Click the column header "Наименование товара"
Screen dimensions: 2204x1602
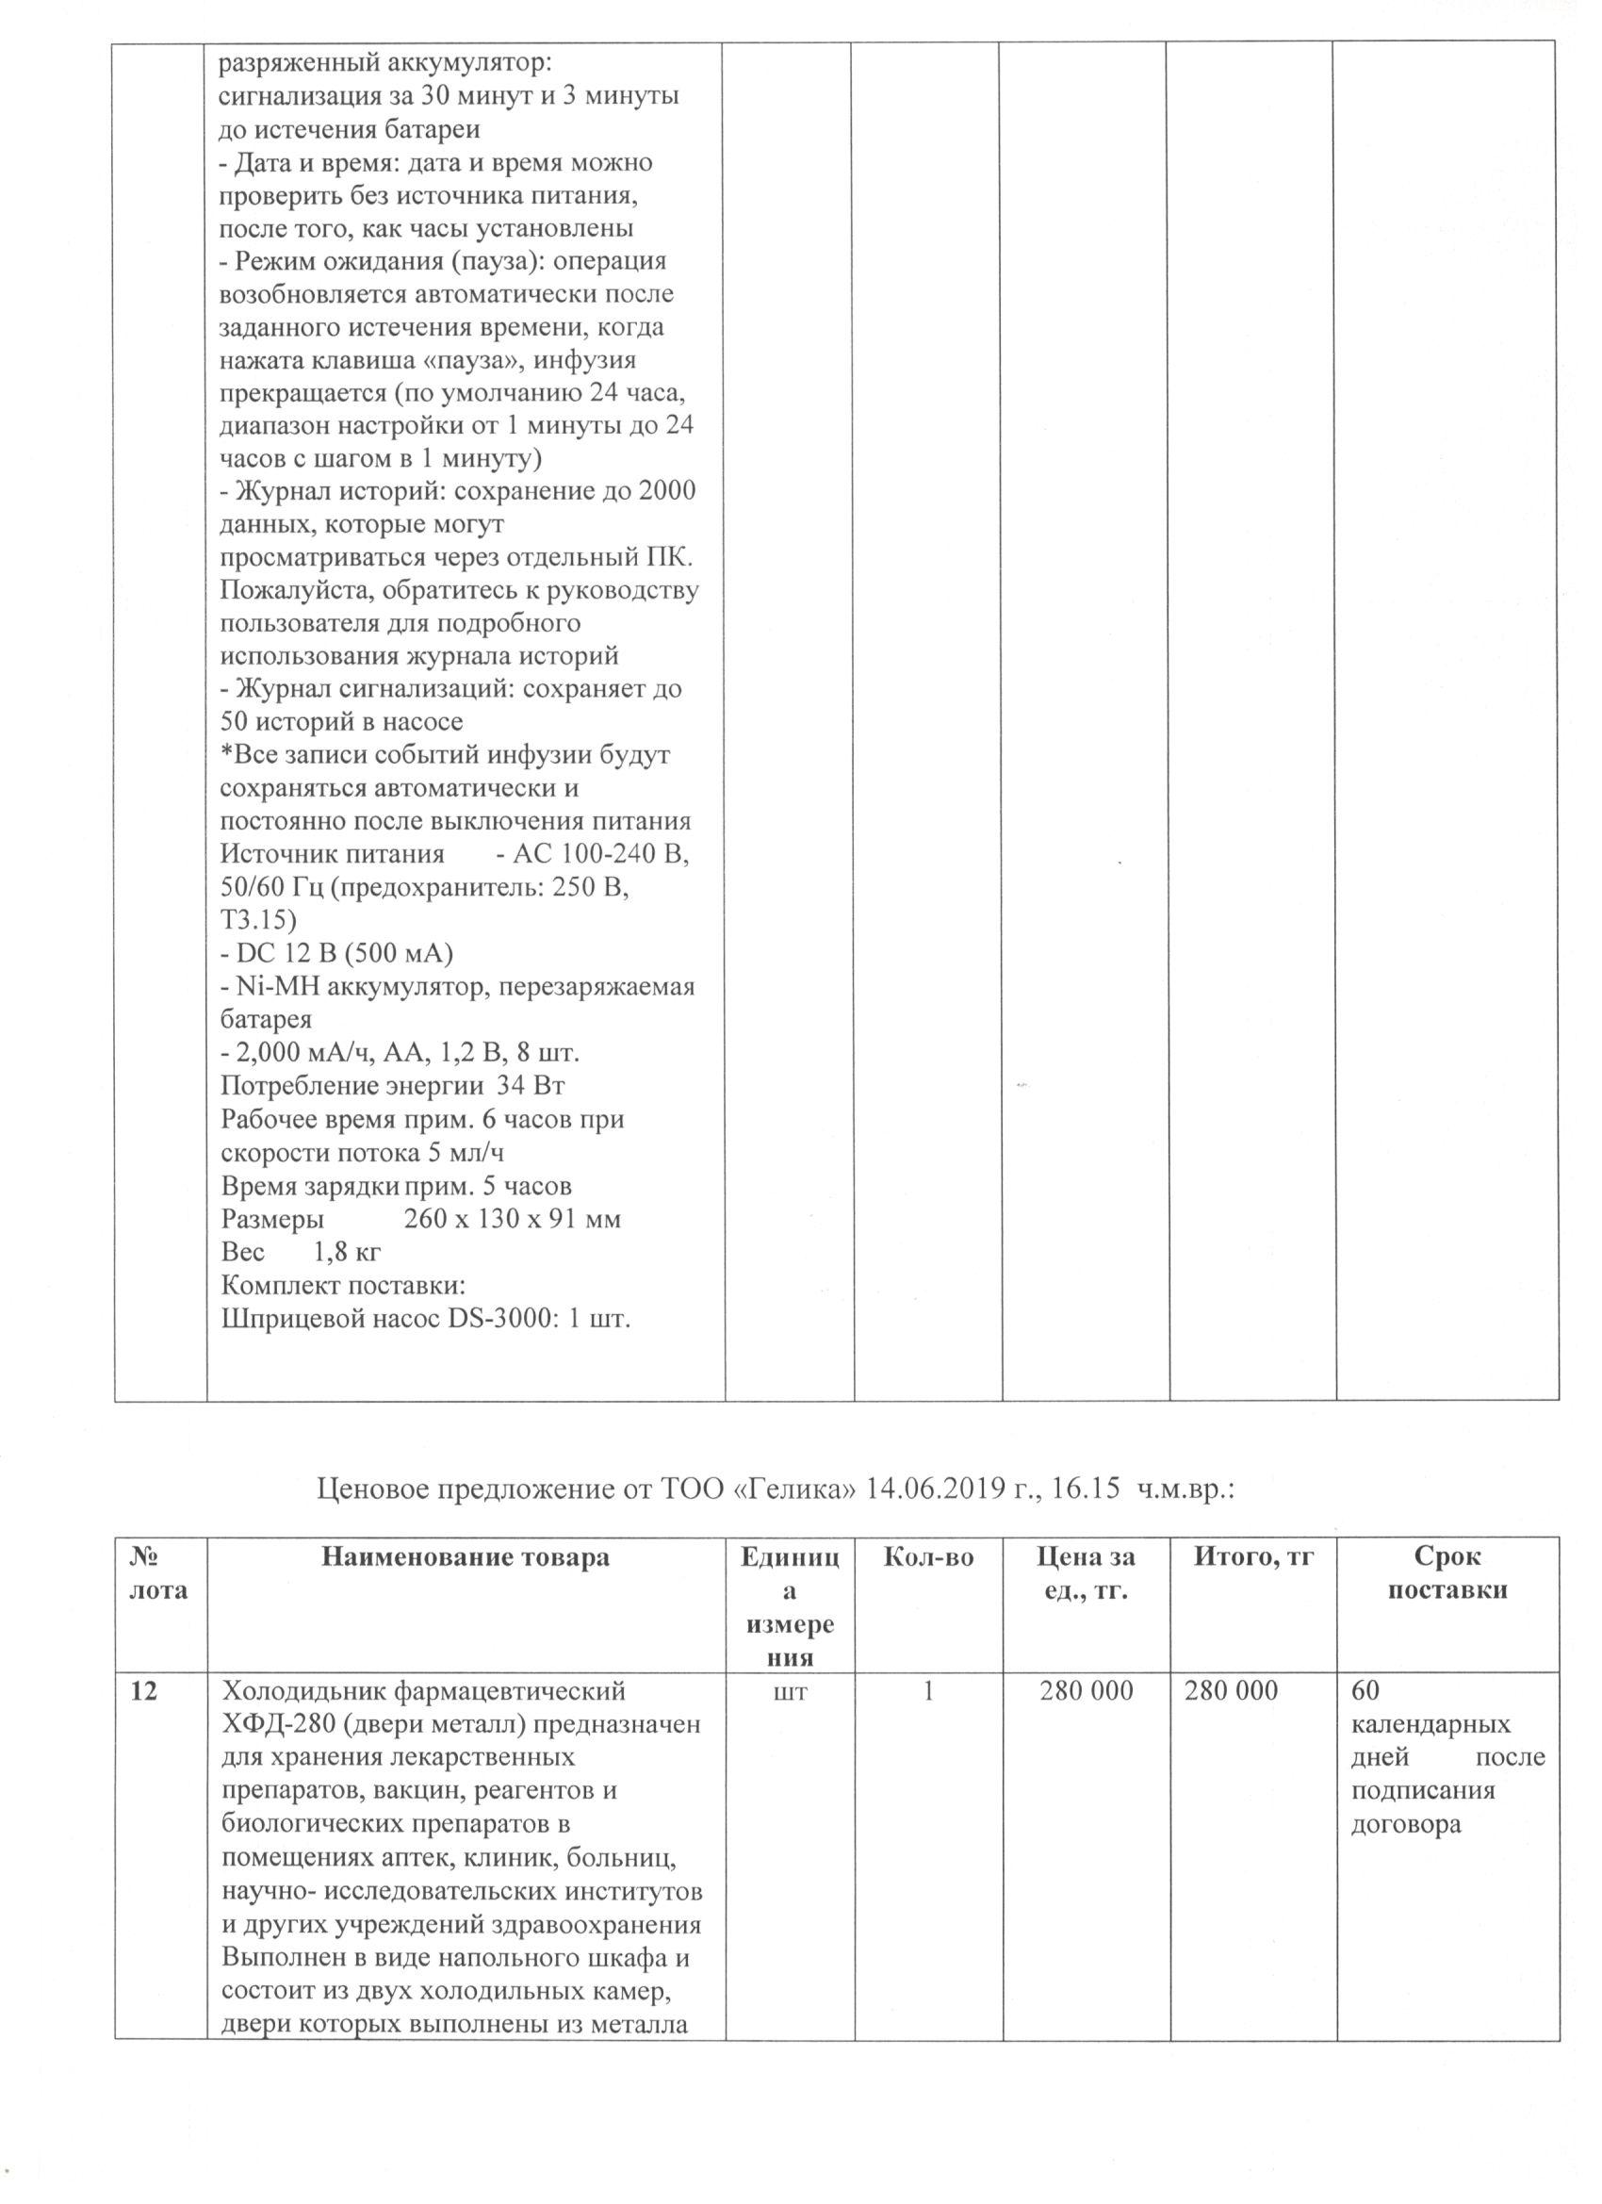tap(466, 1556)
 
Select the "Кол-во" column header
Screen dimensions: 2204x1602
tap(928, 1556)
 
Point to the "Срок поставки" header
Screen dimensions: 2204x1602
tap(1447, 1573)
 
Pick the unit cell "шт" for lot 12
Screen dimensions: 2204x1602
tap(790, 1692)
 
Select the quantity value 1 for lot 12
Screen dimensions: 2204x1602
tap(928, 1692)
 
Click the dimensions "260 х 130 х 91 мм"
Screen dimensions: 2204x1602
tap(512, 1220)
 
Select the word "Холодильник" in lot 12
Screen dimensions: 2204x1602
tap(301, 1692)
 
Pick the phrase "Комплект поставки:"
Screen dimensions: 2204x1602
tap(344, 1287)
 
